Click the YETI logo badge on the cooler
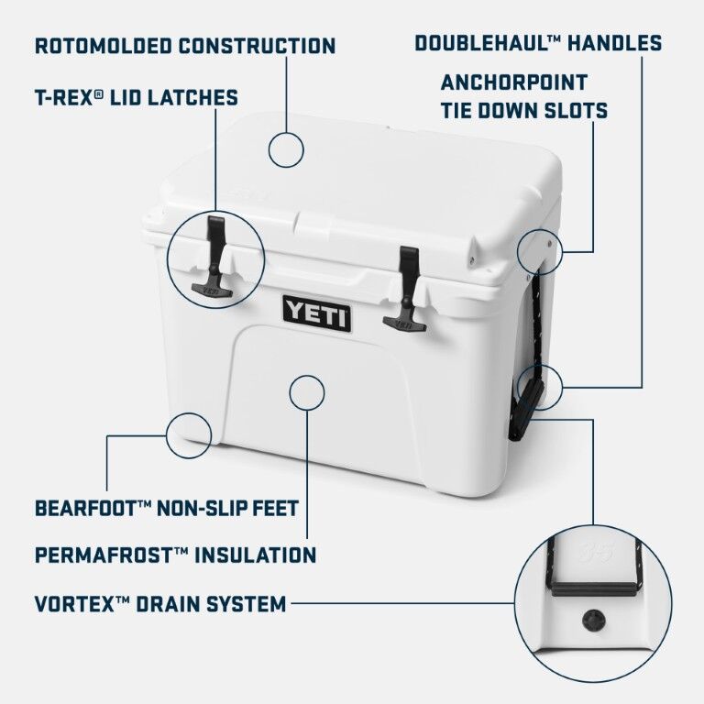coord(316,313)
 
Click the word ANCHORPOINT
coord(513,82)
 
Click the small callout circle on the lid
coord(287,148)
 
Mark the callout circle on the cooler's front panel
coord(306,391)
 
